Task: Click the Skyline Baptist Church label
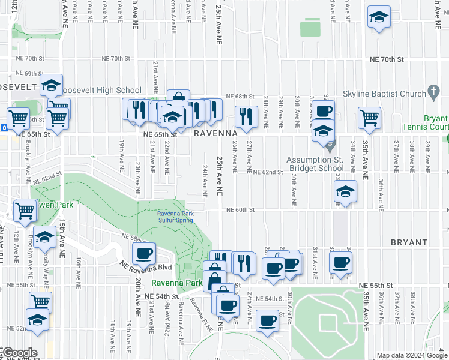[x=384, y=94]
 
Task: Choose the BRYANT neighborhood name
[x=408, y=242]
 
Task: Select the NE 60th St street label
[x=241, y=210]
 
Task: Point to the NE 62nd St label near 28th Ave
[x=268, y=172]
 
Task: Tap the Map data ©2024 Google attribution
[x=412, y=355]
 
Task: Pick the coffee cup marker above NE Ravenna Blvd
[x=143, y=253]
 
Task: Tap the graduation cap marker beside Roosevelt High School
[x=52, y=85]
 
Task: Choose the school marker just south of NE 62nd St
[x=345, y=191]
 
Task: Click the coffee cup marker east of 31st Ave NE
[x=340, y=262]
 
